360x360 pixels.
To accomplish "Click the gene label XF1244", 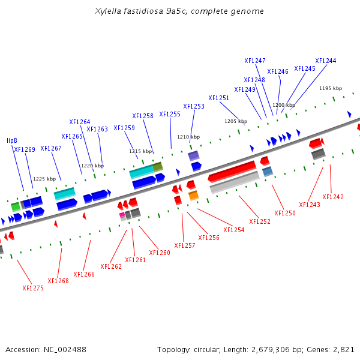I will pos(325,61).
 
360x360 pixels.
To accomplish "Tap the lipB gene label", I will pos(12,140).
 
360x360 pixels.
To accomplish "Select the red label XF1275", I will pos(33,288).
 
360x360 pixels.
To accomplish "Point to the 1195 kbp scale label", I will pos(330,88).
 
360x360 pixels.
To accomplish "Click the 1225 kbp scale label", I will pos(44,179).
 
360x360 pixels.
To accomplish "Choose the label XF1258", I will pos(143,116).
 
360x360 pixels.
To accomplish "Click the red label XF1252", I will pos(260,221).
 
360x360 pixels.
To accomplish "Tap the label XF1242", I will pos(333,197).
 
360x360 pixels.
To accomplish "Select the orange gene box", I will pos(193,196).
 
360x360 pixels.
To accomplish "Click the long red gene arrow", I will pos(232,172).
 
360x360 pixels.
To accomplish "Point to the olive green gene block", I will pos(158,167).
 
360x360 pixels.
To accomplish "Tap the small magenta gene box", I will pos(122,214).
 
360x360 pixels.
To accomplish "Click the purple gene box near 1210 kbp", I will pos(193,156).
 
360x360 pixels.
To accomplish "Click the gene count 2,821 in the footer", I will pos(344,349).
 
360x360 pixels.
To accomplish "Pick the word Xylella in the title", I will pos(109,11).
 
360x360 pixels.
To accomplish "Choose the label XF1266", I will pos(84,274).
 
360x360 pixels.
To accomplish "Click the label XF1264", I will pos(80,122).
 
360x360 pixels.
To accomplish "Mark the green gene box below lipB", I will pos(16,206).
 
